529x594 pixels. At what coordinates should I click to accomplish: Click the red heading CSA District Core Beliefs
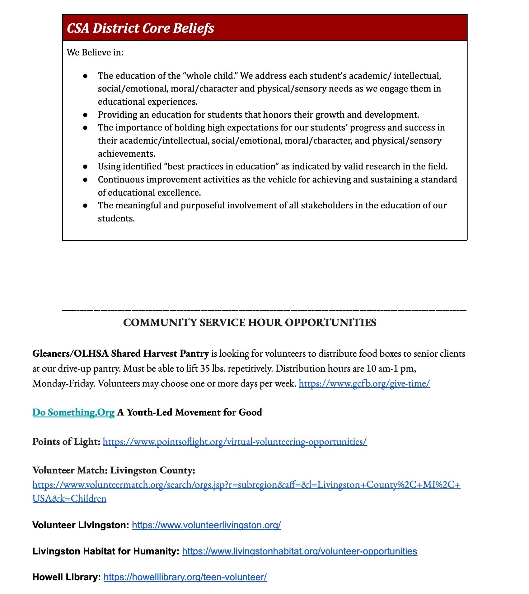click(x=140, y=28)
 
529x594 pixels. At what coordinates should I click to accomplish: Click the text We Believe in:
click(x=95, y=52)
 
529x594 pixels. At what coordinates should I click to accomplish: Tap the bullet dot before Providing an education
click(x=85, y=115)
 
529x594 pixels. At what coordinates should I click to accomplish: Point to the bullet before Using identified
click(x=85, y=167)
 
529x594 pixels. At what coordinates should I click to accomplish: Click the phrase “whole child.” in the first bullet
click(x=210, y=76)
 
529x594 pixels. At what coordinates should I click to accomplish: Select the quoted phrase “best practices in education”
click(x=221, y=167)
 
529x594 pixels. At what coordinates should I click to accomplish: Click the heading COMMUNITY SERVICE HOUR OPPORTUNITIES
click(x=250, y=323)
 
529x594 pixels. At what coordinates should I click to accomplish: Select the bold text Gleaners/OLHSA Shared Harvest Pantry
click(x=120, y=354)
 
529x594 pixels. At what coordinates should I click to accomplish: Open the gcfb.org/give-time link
click(x=364, y=383)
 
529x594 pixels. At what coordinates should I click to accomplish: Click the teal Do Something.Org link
click(x=73, y=412)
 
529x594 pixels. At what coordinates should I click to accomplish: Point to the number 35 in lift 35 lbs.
click(x=205, y=369)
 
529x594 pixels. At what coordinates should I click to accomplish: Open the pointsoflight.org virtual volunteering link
click(x=235, y=442)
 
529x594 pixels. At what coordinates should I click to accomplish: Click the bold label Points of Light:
click(x=66, y=442)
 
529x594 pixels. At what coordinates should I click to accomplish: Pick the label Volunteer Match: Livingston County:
click(x=114, y=470)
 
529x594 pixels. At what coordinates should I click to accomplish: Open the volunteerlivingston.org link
click(x=206, y=525)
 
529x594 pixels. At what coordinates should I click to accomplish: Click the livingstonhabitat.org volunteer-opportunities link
click(x=299, y=551)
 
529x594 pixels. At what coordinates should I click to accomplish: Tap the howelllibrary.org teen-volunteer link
click(x=185, y=577)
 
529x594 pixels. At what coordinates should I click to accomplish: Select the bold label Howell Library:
click(x=66, y=577)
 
